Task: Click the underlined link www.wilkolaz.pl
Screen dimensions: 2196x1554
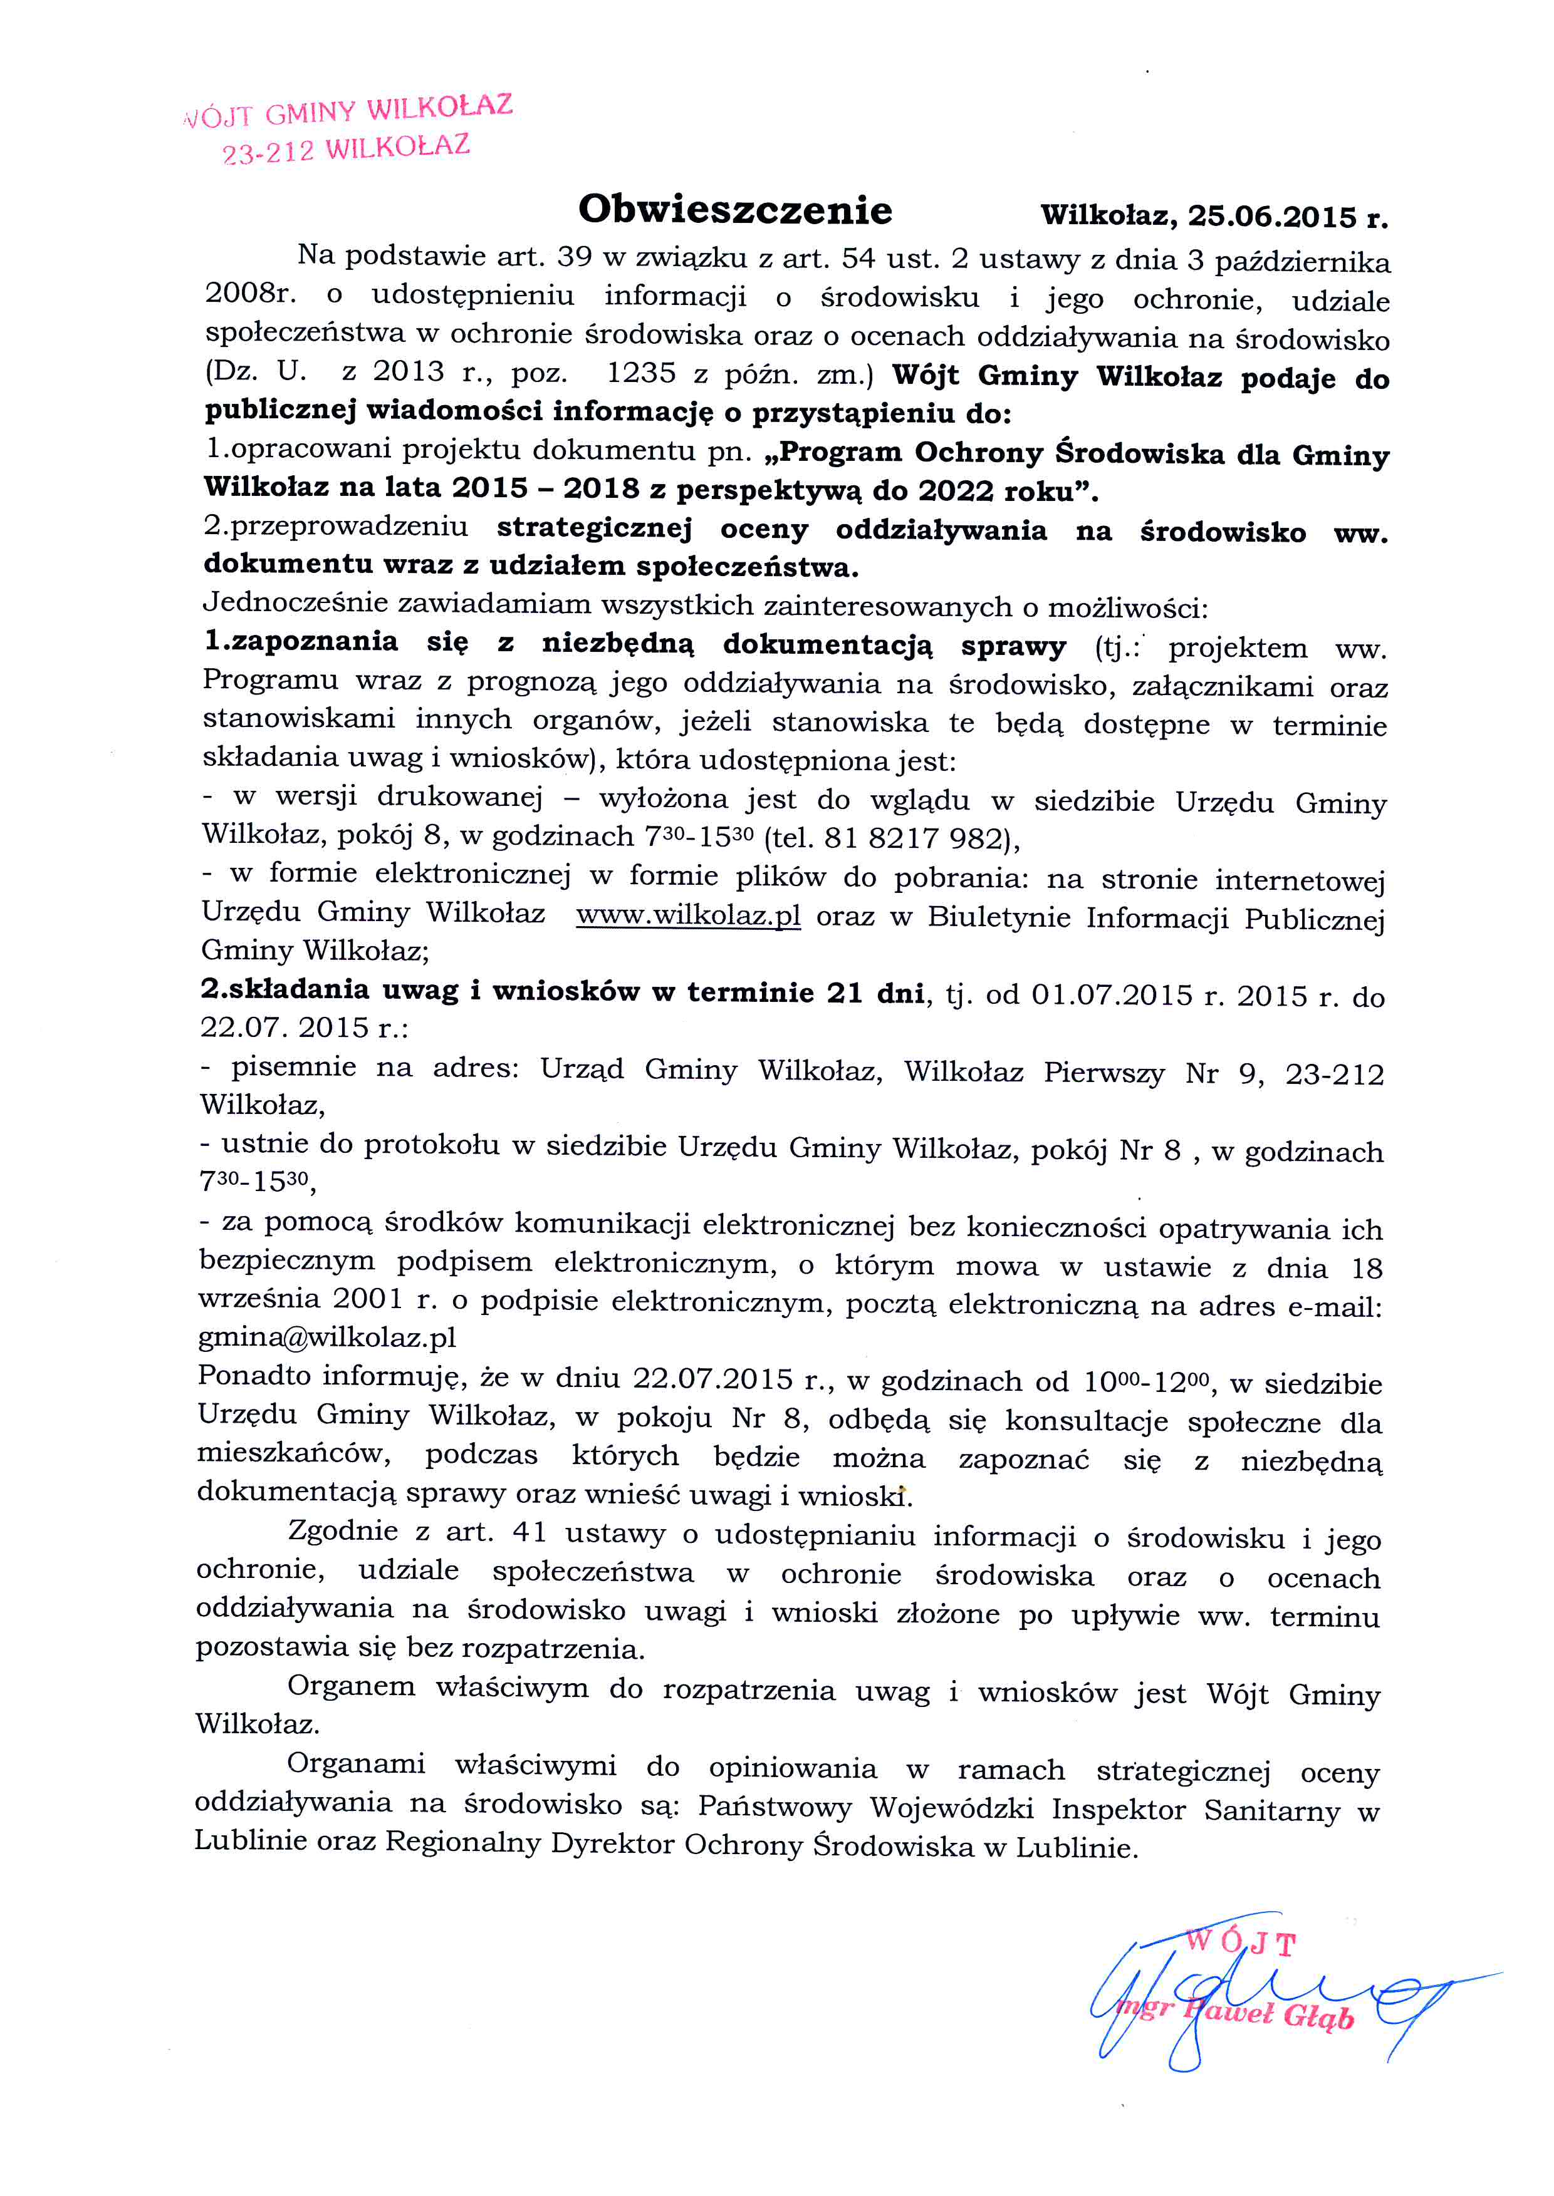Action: coord(688,915)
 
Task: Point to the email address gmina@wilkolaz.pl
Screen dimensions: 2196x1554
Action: coord(327,1337)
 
